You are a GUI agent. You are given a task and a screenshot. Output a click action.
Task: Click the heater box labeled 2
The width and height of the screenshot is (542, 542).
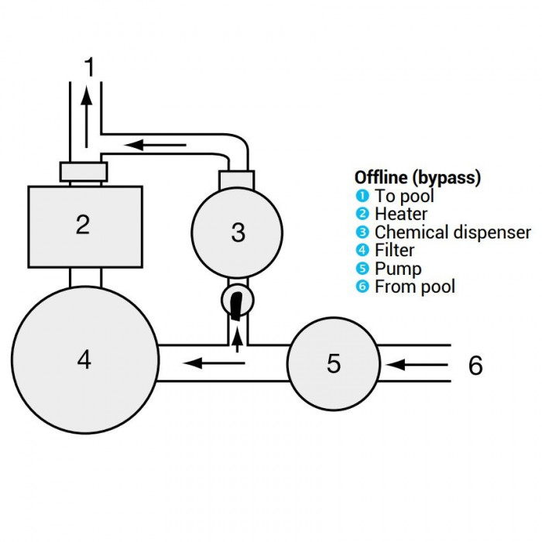[x=84, y=225]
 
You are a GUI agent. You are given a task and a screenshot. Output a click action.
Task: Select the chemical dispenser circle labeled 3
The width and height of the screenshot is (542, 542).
[x=237, y=232]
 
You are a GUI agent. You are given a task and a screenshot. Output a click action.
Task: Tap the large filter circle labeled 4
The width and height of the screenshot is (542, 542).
[x=84, y=358]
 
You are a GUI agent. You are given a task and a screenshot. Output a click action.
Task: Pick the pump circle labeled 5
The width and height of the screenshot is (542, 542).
[x=333, y=363]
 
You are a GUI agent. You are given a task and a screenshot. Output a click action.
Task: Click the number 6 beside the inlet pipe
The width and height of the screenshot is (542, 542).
[x=475, y=365]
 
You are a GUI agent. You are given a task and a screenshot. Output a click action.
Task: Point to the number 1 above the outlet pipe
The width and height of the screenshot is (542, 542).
[x=90, y=67]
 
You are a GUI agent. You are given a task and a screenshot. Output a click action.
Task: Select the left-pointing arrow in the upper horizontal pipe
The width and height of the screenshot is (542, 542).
[x=155, y=145]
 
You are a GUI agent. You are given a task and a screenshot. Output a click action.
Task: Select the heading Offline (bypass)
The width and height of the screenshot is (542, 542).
[x=417, y=177]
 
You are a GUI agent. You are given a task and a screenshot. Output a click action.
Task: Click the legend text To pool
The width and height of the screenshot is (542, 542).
[x=404, y=196]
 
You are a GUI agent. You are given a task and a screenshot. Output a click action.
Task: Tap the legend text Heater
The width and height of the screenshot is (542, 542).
[x=400, y=214]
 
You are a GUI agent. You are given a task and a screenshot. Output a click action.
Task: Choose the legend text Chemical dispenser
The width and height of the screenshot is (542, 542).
[x=452, y=232]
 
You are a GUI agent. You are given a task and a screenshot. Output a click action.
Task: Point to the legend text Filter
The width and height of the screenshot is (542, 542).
[x=394, y=250]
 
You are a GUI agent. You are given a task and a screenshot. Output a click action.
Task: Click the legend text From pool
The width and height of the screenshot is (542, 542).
[x=414, y=286]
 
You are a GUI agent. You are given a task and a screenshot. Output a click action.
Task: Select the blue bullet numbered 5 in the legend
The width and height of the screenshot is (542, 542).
[x=362, y=269]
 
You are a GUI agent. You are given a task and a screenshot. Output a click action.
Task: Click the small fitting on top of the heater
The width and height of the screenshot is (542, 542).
[x=83, y=171]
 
